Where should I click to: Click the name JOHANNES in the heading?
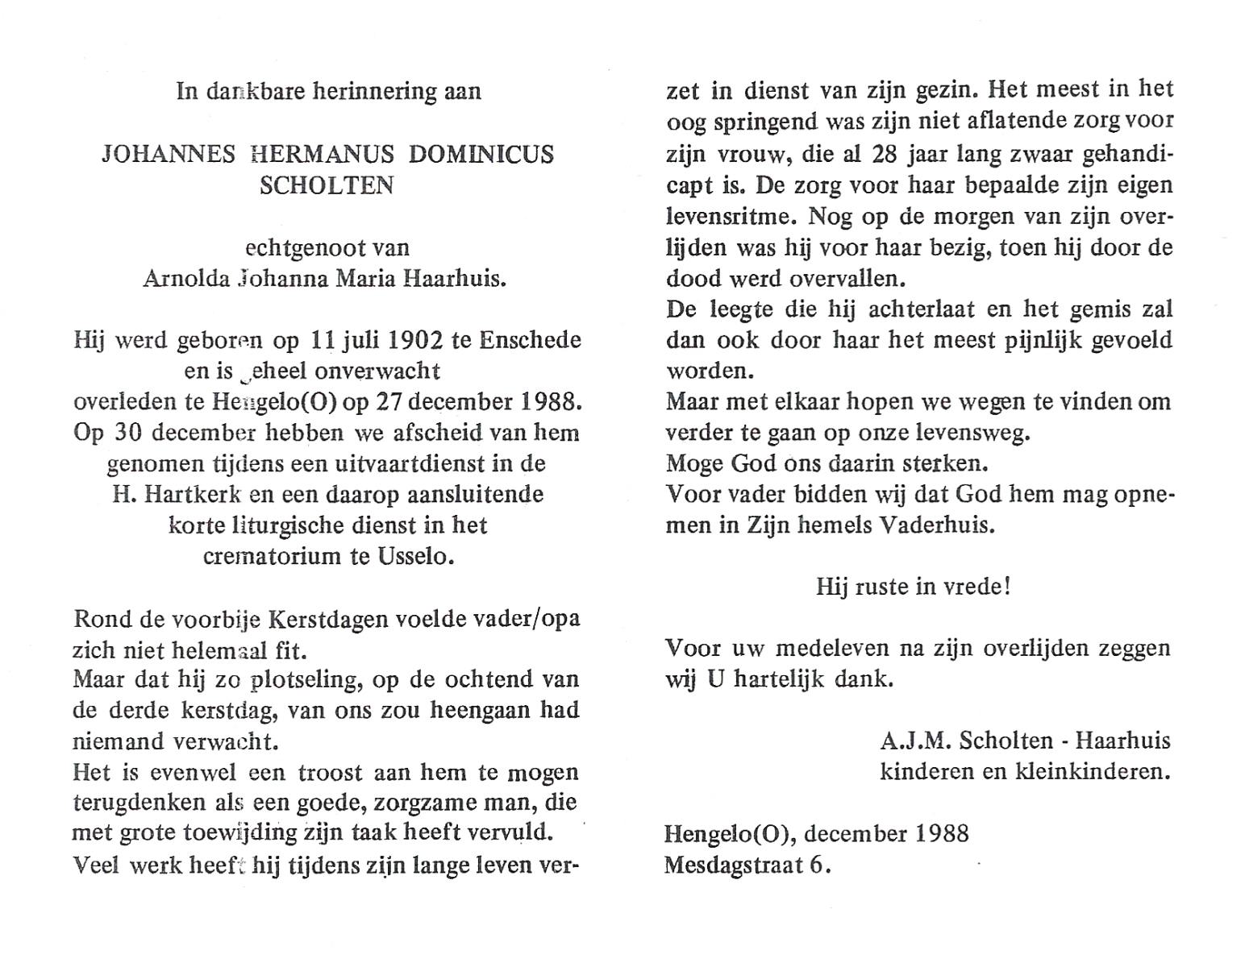[x=169, y=154]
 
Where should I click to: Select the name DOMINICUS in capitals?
[x=481, y=154]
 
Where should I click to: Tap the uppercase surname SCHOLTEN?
[x=327, y=185]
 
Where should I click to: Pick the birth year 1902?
[x=415, y=340]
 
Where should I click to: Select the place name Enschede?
[x=530, y=340]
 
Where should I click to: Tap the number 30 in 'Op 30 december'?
[x=125, y=433]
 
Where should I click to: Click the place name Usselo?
[x=415, y=556]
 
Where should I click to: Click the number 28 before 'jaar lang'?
[x=885, y=154]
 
